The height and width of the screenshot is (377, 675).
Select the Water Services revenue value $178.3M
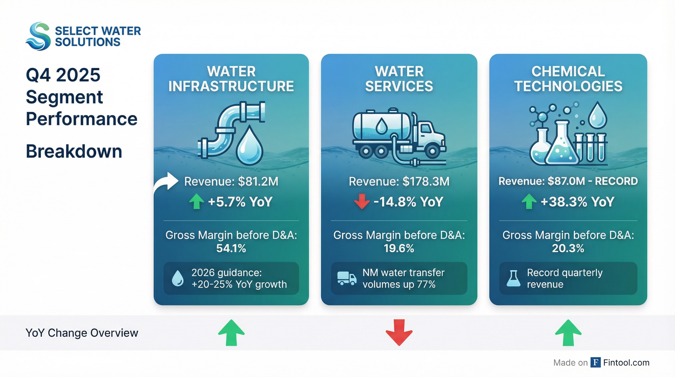click(426, 181)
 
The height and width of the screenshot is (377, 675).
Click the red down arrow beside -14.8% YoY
click(362, 201)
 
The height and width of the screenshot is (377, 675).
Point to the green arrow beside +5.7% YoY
click(196, 201)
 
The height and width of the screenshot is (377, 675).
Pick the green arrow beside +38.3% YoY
click(529, 201)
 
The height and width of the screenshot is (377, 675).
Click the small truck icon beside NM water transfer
click(347, 278)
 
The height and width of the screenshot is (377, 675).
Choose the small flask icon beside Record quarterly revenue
click(513, 278)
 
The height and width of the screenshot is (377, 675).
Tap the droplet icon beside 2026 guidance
click(178, 278)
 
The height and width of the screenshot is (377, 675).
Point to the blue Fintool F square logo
click(596, 363)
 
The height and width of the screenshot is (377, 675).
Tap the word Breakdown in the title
click(74, 151)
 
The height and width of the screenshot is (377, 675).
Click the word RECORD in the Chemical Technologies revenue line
click(616, 181)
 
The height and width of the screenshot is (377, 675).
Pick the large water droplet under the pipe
click(249, 146)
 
